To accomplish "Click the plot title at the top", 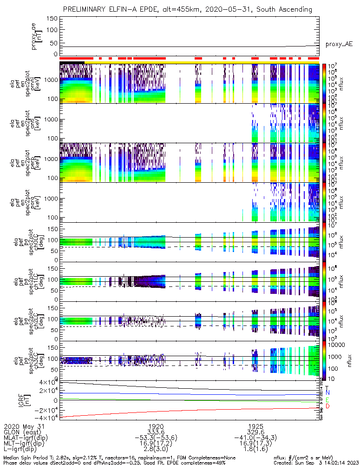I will pyautogui.click(x=188, y=9).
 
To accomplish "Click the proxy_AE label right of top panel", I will pyautogui.click(x=339, y=44).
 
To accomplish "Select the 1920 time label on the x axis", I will pyautogui.click(x=156, y=426).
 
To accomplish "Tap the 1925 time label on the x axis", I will pyautogui.click(x=255, y=426).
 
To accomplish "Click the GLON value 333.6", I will pyautogui.click(x=156, y=432).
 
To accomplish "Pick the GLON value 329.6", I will pyautogui.click(x=255, y=432).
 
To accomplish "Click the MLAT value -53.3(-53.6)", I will pyautogui.click(x=156, y=438).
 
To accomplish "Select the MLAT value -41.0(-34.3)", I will pyautogui.click(x=255, y=438).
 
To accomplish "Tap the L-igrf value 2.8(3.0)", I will pyautogui.click(x=156, y=450).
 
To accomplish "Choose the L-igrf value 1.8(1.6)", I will pyautogui.click(x=255, y=450).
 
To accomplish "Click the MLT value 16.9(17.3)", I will pyautogui.click(x=255, y=444).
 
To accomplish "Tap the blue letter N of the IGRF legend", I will pyautogui.click(x=327, y=393).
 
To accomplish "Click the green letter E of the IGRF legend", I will pyautogui.click(x=327, y=399).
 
